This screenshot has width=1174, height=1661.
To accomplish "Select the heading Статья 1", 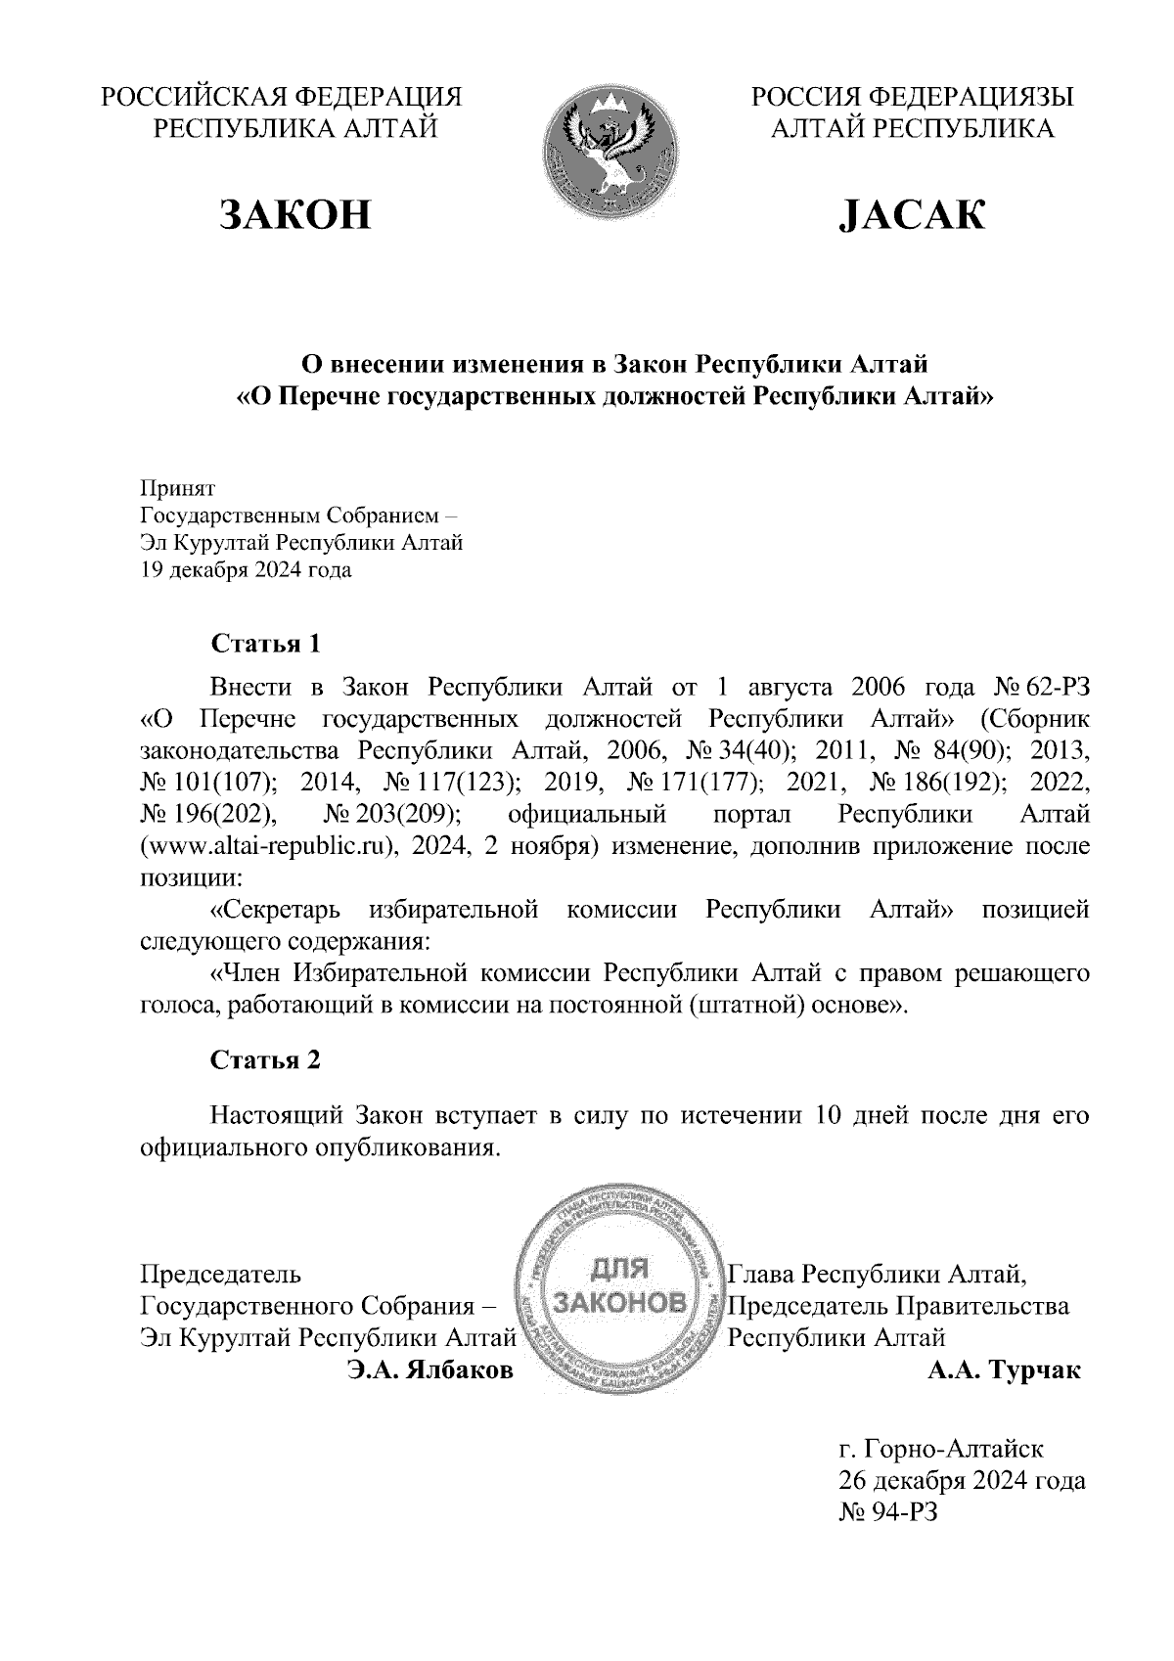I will (265, 644).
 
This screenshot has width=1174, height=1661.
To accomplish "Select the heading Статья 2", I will (265, 1060).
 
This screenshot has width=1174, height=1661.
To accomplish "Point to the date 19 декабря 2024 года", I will (246, 570).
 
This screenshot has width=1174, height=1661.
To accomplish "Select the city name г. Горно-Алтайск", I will (940, 1447).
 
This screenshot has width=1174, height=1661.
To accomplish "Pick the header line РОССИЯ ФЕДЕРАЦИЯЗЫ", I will (912, 97).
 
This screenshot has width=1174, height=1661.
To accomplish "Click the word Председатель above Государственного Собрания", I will (221, 1275).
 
